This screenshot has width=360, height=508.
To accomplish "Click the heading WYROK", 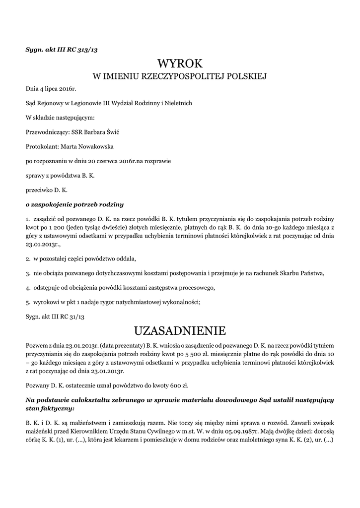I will tap(180, 63).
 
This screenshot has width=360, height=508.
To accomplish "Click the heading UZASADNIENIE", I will tap(180, 330).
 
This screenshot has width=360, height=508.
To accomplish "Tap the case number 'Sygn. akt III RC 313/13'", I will tap(65, 49).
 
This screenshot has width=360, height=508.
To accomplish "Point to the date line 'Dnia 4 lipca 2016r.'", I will tap(51, 89).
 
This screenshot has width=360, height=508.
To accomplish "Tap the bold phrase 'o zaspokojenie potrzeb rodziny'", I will tap(74, 204).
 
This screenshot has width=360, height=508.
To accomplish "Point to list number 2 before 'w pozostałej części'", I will tap(27, 259).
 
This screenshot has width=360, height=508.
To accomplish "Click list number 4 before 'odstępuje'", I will tap(27, 288).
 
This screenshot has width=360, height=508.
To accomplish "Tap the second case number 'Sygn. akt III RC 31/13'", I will tap(56, 316).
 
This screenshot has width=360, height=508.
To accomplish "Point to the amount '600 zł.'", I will tap(178, 385).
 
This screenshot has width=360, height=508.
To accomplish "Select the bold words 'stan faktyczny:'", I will tap(50, 408).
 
